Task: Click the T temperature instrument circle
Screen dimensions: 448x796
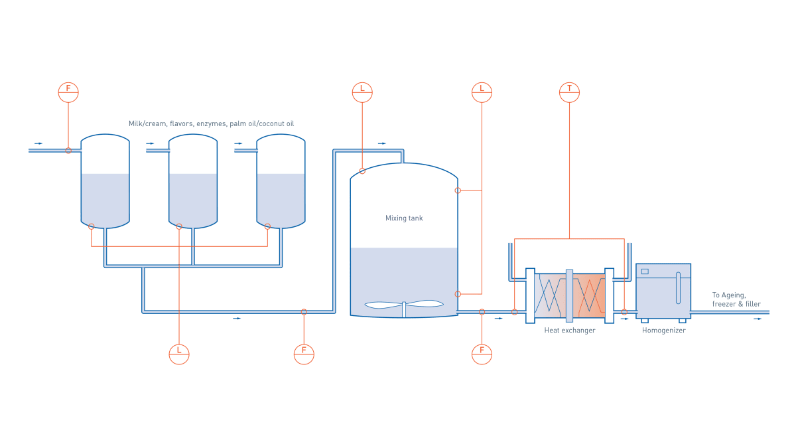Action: coord(569,92)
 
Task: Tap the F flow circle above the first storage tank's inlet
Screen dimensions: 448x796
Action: coord(68,92)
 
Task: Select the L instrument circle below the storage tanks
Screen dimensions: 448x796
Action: coord(179,354)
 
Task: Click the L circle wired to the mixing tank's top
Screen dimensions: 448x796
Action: coord(362,92)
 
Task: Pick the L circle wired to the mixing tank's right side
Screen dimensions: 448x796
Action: coord(482,92)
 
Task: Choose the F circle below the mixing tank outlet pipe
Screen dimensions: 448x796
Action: coord(482,354)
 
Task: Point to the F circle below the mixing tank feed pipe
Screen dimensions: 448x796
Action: coord(304,354)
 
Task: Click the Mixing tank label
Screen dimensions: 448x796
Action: coord(404,218)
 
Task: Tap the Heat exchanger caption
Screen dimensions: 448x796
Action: coord(569,330)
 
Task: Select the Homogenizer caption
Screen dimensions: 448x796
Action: coord(663,330)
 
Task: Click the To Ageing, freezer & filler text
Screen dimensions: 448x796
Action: coord(736,299)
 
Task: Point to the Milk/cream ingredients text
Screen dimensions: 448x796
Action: coord(211,123)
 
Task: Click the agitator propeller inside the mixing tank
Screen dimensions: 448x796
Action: coord(404,305)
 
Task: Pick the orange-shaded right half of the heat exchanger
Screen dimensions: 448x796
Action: coord(589,295)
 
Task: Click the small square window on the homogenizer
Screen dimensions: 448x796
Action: coord(645,271)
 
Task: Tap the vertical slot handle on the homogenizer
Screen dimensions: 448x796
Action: coord(678,287)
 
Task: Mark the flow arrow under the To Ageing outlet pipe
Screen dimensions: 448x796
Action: coord(758,319)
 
